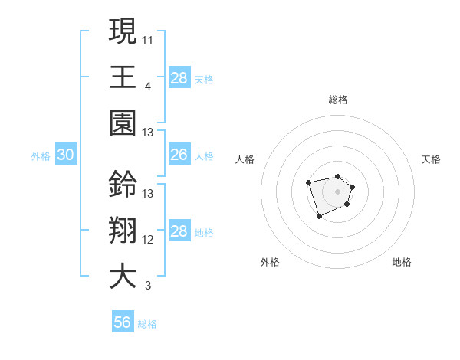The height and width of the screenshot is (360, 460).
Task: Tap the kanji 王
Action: pyautogui.click(x=123, y=77)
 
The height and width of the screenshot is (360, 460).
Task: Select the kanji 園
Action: pyautogui.click(x=123, y=123)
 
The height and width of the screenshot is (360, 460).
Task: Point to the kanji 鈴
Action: pyautogui.click(x=123, y=184)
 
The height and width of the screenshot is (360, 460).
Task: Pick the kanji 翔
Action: pyautogui.click(x=123, y=231)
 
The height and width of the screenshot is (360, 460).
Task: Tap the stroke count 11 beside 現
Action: pyautogui.click(x=148, y=39)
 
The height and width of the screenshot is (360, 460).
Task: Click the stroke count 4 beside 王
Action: pyautogui.click(x=148, y=86)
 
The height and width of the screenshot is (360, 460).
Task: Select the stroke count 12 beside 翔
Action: pyautogui.click(x=148, y=240)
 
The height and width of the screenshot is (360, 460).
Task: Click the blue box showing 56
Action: pyautogui.click(x=123, y=322)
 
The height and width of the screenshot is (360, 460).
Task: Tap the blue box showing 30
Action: pyautogui.click(x=66, y=155)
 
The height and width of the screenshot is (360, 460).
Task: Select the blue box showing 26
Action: pyautogui.click(x=179, y=155)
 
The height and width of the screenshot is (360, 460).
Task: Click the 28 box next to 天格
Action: pyautogui.click(x=179, y=77)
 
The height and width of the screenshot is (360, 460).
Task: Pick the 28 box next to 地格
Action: pyautogui.click(x=179, y=231)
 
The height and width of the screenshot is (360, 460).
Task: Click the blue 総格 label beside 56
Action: pyautogui.click(x=147, y=324)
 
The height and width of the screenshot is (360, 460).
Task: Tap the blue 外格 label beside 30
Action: pyautogui.click(x=41, y=156)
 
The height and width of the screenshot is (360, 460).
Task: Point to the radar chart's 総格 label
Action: pyautogui.click(x=338, y=100)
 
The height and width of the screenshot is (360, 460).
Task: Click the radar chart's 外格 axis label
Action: pyautogui.click(x=270, y=262)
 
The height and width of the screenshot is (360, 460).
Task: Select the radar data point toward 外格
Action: pyautogui.click(x=320, y=217)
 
